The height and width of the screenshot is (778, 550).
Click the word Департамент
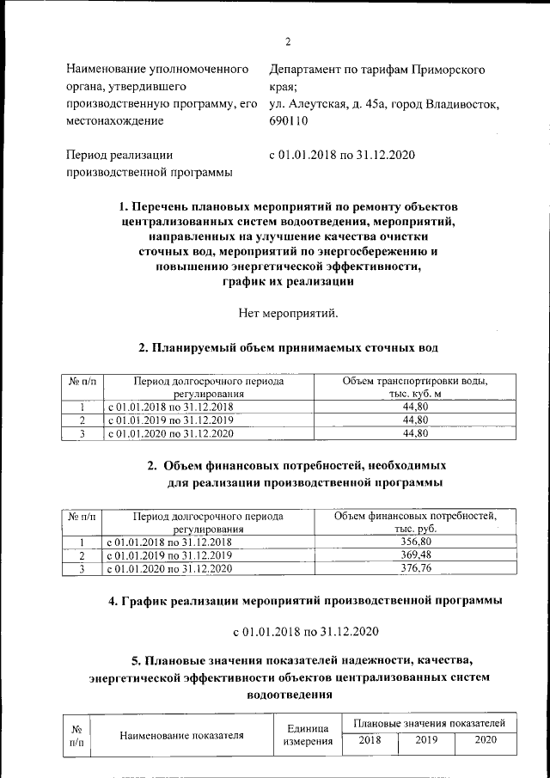point(307,69)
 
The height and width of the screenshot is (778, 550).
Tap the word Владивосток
point(461,104)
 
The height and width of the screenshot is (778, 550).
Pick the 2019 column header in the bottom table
point(426,739)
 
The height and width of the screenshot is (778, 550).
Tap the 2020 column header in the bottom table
point(486,739)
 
